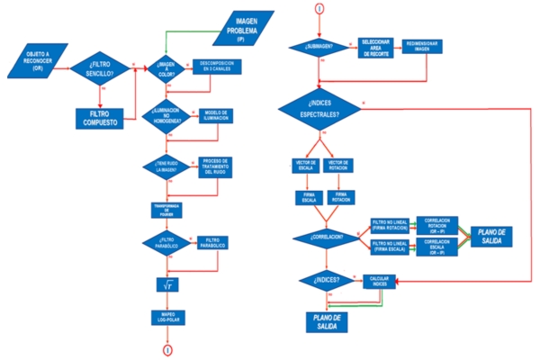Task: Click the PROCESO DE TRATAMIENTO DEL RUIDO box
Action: (216, 166)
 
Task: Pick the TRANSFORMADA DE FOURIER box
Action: (166, 209)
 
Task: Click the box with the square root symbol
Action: (166, 284)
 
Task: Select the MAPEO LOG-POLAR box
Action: (166, 317)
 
